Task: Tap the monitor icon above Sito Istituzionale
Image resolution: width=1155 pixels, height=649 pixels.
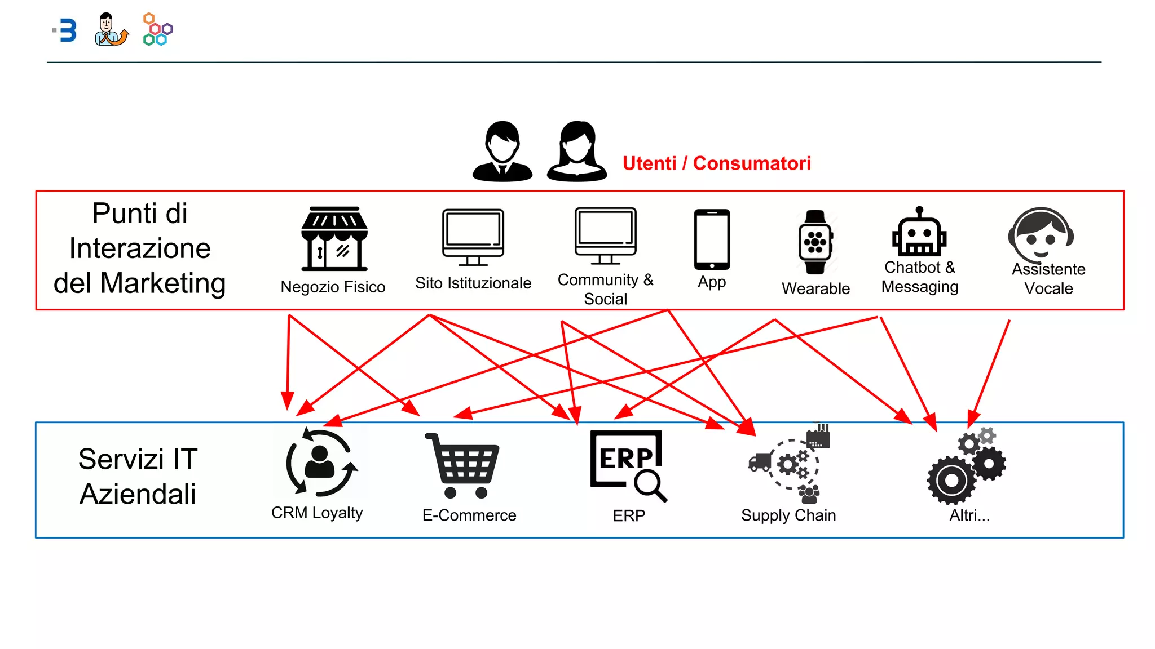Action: click(x=473, y=237)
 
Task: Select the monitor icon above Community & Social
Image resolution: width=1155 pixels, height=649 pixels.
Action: click(x=606, y=235)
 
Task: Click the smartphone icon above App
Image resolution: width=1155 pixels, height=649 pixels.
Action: click(x=712, y=239)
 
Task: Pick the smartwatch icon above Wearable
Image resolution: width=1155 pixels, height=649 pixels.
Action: click(x=815, y=242)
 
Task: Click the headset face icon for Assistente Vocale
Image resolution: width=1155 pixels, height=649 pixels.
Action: click(x=1041, y=234)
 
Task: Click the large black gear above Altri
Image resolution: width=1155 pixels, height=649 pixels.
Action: click(x=951, y=481)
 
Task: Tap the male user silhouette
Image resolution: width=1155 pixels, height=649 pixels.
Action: click(x=502, y=152)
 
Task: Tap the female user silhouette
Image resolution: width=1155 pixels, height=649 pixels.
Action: click(x=577, y=152)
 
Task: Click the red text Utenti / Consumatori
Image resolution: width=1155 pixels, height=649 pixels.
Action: click(x=716, y=163)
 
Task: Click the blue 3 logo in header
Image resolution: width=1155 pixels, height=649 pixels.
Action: click(x=67, y=30)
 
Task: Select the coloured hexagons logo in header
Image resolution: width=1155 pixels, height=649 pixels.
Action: click(x=157, y=29)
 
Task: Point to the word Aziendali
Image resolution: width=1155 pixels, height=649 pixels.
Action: click(x=138, y=494)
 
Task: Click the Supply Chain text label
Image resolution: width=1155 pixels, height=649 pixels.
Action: click(x=788, y=515)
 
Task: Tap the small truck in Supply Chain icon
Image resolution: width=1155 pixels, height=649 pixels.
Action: click(x=760, y=462)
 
